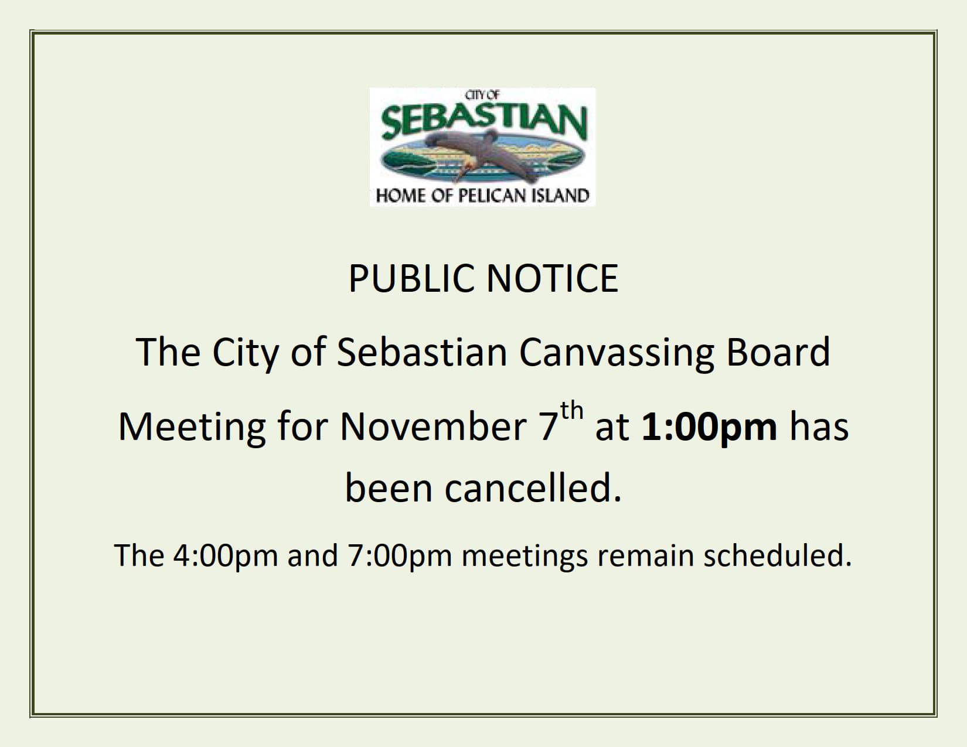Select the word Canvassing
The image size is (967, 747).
coord(617,353)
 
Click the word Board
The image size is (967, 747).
coord(778,352)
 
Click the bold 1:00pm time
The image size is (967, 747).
coord(709,427)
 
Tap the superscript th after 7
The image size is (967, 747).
coord(572,411)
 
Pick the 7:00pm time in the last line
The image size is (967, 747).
coord(400,555)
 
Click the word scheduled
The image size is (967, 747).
coord(777,555)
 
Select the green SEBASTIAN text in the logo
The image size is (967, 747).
coord(483,121)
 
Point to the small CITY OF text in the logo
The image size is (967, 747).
coord(482,95)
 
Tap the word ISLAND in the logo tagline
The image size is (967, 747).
coord(560,195)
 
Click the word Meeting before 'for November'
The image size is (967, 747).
coord(192,427)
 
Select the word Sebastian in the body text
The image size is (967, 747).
coord(422,352)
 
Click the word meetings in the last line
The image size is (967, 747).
coord(525,555)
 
